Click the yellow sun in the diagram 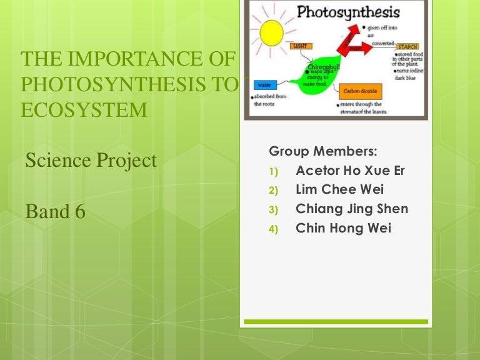(271, 34)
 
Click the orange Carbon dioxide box (359, 91)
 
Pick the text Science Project (91, 161)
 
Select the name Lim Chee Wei (339, 190)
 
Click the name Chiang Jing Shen (352, 209)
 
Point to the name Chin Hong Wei (343, 228)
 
